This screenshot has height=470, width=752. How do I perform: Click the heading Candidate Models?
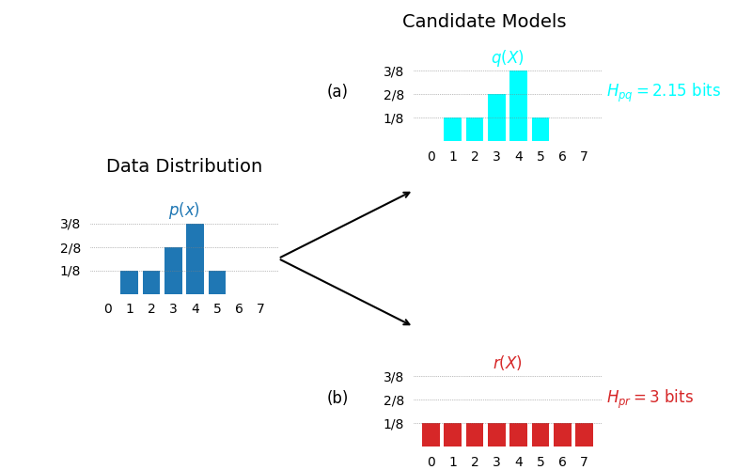coord(484,22)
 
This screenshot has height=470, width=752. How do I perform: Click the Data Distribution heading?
coord(184,166)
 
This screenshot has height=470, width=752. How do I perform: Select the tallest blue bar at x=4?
coord(196,258)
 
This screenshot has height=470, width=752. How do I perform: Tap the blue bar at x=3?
coord(173,271)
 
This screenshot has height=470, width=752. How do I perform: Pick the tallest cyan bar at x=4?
coord(518,105)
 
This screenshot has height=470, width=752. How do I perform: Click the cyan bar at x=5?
coord(540,129)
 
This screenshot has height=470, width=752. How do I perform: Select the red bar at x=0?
coord(431,434)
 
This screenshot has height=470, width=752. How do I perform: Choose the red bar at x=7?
coord(584,434)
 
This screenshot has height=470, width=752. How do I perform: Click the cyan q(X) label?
coord(508,58)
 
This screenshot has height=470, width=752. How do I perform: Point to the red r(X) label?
coord(508,363)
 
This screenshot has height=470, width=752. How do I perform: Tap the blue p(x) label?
coord(184,211)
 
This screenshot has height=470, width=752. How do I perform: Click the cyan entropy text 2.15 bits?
coord(664,91)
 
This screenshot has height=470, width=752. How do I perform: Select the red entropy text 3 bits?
coord(650,398)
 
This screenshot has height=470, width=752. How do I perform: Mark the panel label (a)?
coord(337,91)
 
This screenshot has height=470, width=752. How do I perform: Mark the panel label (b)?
coord(337,398)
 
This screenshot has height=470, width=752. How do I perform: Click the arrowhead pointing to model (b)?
coord(406,322)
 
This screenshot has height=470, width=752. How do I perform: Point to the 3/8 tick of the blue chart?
coord(70,224)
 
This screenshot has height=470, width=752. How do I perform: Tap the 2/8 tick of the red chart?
coord(394,400)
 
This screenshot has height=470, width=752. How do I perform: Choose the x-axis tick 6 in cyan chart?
coord(562,157)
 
